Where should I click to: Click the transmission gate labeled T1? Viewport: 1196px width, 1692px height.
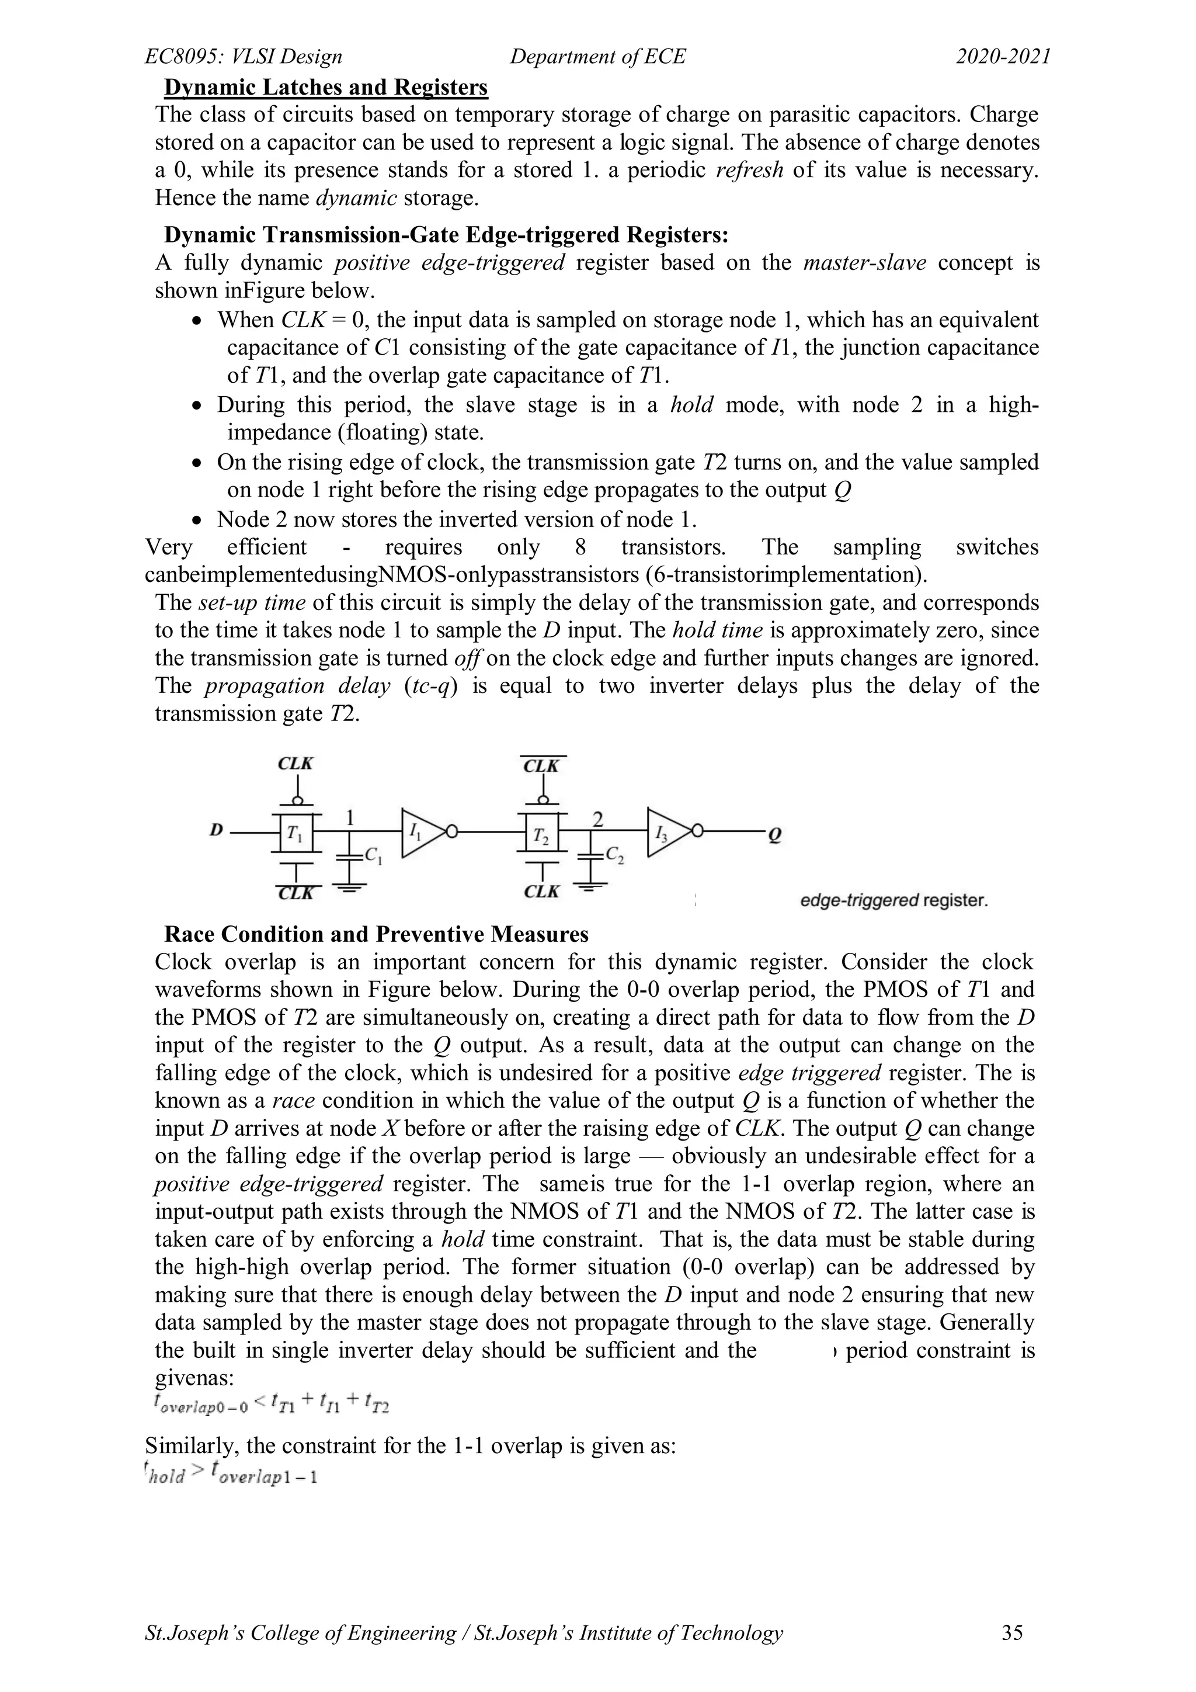coord(296,833)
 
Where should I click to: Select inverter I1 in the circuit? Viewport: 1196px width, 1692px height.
coord(421,833)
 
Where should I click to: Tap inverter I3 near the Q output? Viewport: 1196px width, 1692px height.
coord(667,833)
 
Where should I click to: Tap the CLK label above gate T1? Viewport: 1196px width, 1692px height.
coord(295,764)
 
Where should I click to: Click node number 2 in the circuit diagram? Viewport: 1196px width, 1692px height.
coord(597,819)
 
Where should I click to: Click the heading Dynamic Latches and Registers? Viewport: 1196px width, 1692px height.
coord(325,88)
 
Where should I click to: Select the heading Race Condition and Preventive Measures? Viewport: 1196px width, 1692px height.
coord(376,934)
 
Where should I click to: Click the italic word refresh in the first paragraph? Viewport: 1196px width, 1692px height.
coord(749,170)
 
